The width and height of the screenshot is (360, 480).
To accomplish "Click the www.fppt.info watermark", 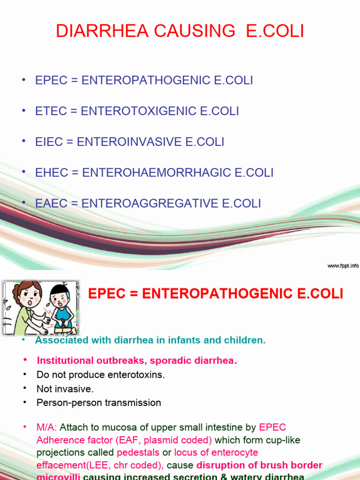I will [x=343, y=266].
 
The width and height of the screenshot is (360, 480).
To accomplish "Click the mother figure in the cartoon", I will [x=26, y=305].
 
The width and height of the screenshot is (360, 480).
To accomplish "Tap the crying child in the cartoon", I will [x=61, y=307].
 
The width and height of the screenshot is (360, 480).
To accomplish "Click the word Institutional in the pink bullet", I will [x=65, y=361].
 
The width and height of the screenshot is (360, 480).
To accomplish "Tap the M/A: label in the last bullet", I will [x=46, y=427].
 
